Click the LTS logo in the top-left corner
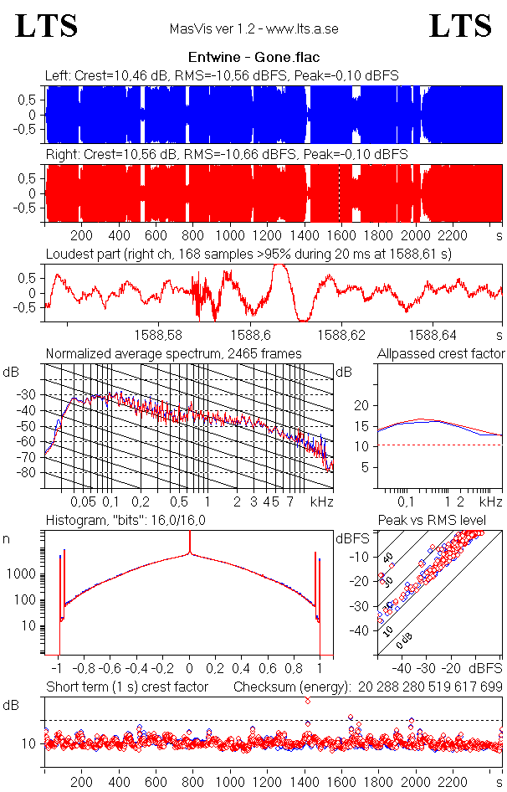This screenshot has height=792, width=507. pos(47,26)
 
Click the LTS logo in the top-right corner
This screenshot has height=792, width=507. pos(460,26)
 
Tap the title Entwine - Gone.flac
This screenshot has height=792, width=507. pos(253,59)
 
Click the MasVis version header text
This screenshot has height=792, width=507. pos(253,28)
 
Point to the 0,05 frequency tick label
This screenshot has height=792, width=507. pos(84,501)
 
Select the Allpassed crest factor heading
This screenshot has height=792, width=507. pos(441,353)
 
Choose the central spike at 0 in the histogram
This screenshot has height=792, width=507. pos(190,544)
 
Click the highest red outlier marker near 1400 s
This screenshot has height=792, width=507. pos(309,700)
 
